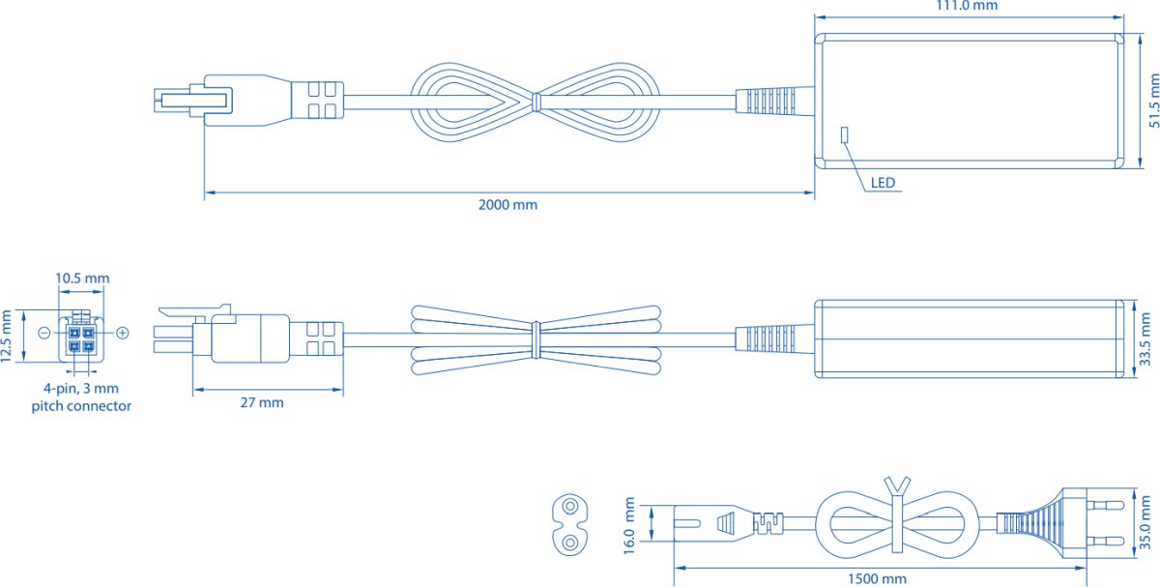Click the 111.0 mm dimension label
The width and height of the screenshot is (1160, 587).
coord(967,6)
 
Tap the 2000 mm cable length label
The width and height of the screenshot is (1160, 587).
coord(507,205)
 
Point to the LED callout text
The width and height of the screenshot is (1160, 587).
coord(883,183)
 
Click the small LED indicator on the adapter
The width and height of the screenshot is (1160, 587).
coord(844,134)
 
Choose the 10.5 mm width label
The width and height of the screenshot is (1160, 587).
coord(82,279)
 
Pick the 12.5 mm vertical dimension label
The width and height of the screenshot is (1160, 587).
coord(6,337)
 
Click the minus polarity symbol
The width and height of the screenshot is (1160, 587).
coord(44,333)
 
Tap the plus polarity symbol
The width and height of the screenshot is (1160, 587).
coord(122,333)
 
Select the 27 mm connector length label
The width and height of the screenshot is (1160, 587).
coord(262,402)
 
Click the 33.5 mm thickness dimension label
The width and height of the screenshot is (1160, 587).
coord(1145,339)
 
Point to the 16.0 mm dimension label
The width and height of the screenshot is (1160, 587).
coord(629,525)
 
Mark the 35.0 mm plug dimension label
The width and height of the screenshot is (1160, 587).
coord(1145,522)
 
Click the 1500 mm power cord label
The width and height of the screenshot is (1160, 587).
coord(877,578)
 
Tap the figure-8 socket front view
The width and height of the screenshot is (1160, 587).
coord(570,524)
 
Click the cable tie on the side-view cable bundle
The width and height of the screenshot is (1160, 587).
coord(536,339)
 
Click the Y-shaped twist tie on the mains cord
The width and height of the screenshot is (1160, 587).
coord(897,513)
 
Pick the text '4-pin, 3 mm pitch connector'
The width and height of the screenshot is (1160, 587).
coord(81,397)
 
